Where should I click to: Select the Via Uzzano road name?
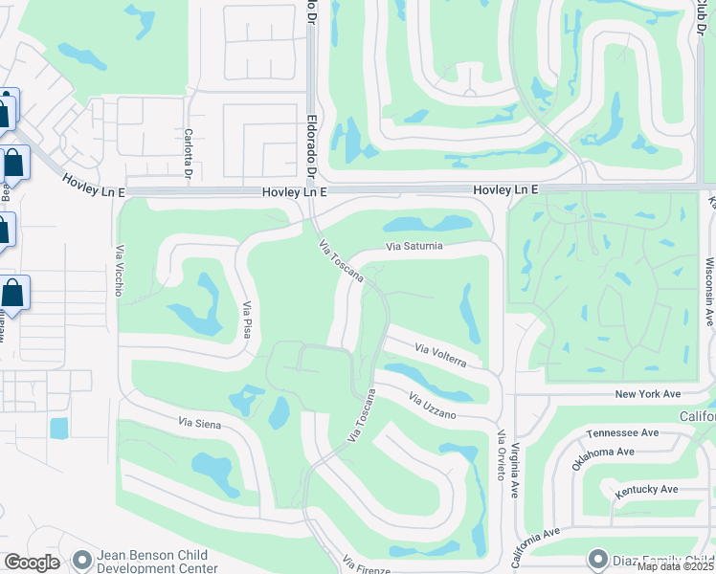click(x=433, y=405)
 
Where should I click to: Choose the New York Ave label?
click(x=647, y=394)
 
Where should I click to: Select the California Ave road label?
click(x=537, y=544)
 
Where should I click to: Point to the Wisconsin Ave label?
click(x=710, y=291)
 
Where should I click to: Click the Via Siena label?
click(x=201, y=421)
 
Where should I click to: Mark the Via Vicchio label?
click(x=120, y=271)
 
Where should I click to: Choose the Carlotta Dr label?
click(x=189, y=153)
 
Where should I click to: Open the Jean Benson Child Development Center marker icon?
click(x=82, y=558)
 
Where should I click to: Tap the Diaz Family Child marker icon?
click(x=599, y=558)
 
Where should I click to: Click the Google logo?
click(x=32, y=563)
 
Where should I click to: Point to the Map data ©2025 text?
click(x=674, y=566)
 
